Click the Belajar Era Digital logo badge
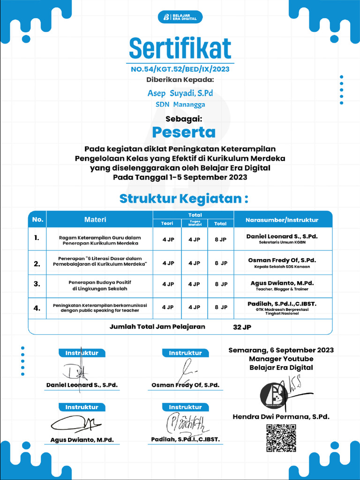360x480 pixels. (x=180, y=17)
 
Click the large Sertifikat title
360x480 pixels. (x=180, y=48)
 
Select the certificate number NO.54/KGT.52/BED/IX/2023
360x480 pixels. (x=180, y=69)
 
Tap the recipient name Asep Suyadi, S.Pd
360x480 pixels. (x=180, y=93)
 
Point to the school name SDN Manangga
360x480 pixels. (x=180, y=105)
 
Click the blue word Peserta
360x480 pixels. (x=180, y=132)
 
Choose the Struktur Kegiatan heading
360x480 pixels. (x=183, y=199)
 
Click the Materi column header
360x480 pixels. (x=95, y=219)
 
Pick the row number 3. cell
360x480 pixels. (x=37, y=284)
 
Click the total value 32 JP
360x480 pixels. (x=242, y=327)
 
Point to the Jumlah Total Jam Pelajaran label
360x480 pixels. (x=157, y=327)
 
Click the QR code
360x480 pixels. (x=281, y=438)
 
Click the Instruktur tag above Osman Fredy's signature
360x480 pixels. (x=185, y=353)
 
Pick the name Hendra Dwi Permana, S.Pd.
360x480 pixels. (x=281, y=416)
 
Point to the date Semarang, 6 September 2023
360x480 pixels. (x=281, y=350)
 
